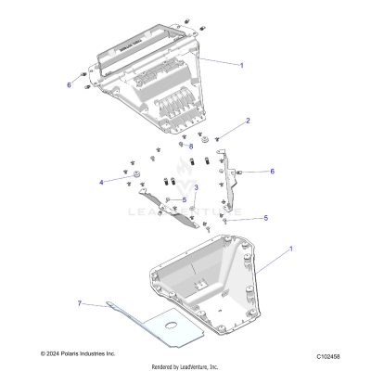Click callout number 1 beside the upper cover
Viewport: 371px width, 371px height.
point(242,66)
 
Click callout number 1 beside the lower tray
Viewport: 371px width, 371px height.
point(290,249)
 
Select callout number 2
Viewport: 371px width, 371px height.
point(247,122)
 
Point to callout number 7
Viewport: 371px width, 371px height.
point(81,302)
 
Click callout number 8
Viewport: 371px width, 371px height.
point(191,146)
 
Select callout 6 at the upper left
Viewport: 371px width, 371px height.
point(69,84)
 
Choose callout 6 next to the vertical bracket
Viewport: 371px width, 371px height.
point(272,172)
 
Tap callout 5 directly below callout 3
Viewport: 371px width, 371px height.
point(184,199)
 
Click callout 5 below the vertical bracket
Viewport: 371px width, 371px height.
point(265,218)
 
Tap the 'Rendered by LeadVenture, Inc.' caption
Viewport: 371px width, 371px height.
point(185,365)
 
